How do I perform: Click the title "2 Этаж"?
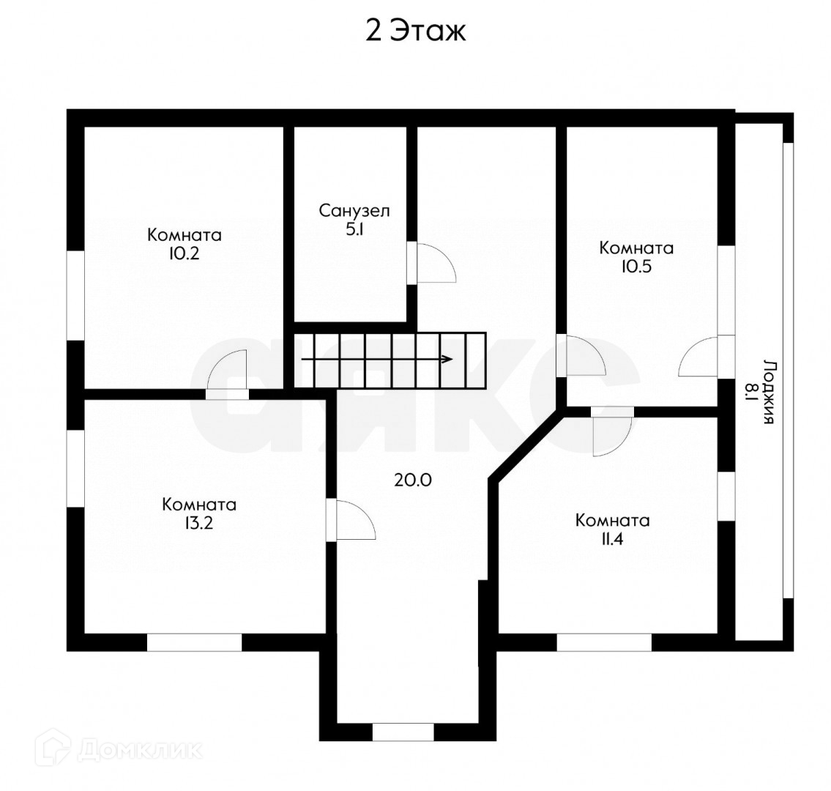(x=416, y=31)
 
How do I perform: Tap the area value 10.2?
(x=184, y=254)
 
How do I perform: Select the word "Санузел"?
(x=354, y=211)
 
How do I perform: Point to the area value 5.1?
(x=354, y=229)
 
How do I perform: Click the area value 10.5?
(x=636, y=267)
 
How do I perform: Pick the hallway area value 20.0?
(x=413, y=480)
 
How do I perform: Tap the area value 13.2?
(x=198, y=523)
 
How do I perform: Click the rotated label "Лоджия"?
(x=769, y=392)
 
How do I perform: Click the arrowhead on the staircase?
(x=448, y=359)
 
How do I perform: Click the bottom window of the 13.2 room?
(x=195, y=642)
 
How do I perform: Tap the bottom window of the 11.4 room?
(x=604, y=642)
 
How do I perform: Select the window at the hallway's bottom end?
(x=403, y=732)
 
